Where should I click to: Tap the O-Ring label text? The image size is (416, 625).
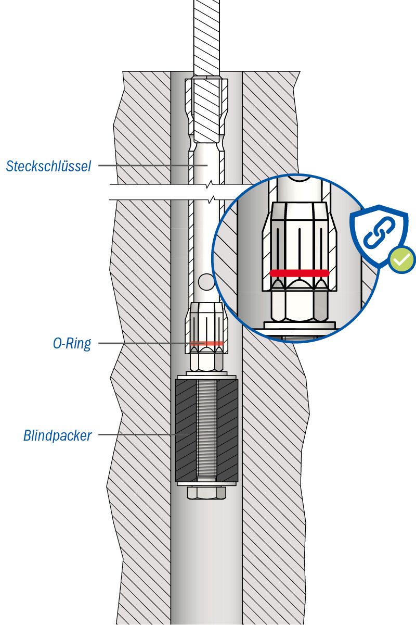(x=72, y=344)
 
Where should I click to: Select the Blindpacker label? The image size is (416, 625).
(x=57, y=435)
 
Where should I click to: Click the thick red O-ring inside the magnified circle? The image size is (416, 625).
(x=300, y=272)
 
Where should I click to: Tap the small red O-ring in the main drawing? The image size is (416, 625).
(x=206, y=343)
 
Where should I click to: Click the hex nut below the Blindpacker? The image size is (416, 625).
(x=206, y=492)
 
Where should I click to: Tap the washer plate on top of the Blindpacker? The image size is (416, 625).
(x=206, y=376)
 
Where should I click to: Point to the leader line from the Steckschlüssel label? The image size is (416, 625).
(x=146, y=166)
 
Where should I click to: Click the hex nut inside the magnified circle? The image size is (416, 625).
(x=299, y=305)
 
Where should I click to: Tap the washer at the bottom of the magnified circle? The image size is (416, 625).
(x=299, y=326)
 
